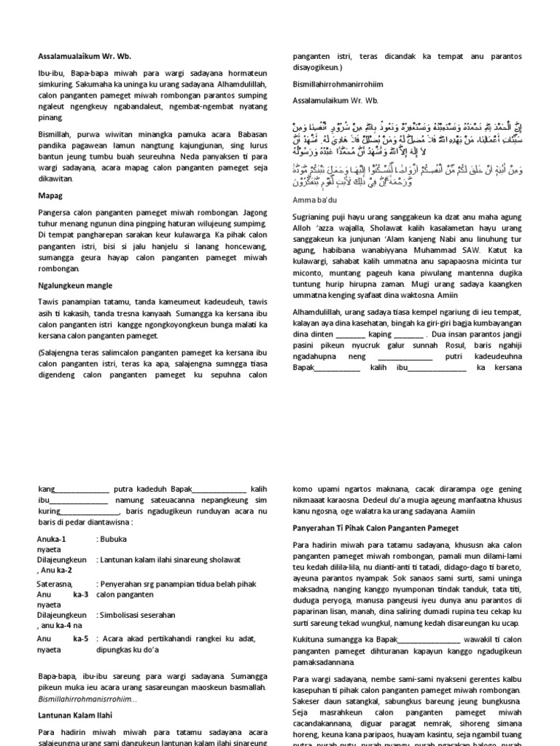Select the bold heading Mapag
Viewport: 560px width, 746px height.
click(49, 196)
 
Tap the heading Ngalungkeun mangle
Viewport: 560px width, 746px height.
click(74, 286)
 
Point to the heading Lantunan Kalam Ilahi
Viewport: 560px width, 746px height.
click(76, 715)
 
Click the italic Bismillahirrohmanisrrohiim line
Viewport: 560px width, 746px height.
click(88, 699)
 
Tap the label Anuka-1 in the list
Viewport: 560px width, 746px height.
click(51, 538)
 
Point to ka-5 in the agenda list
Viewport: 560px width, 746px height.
click(80, 638)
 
